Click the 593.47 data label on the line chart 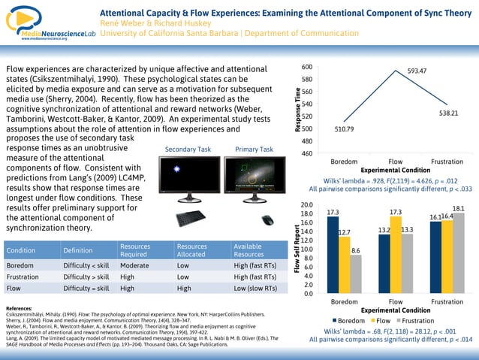click(417, 71)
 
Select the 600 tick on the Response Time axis click(306, 67)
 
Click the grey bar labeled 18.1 click(458, 253)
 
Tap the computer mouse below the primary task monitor click(267, 220)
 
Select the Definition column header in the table click(78, 250)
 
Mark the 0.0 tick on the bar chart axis click(306, 294)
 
